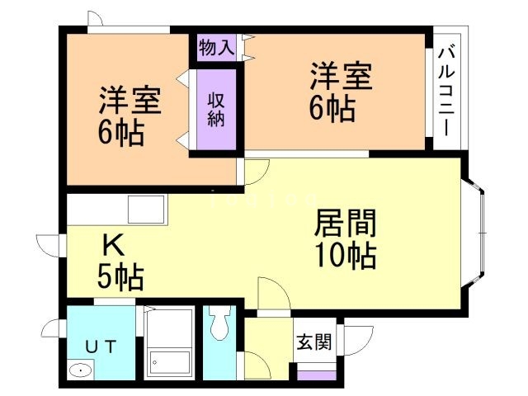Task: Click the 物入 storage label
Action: [x=217, y=47]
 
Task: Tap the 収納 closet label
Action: [x=216, y=108]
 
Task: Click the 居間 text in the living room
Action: [x=346, y=223]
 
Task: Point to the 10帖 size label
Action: [x=346, y=255]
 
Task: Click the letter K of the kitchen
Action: [x=113, y=245]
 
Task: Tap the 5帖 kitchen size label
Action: [x=120, y=276]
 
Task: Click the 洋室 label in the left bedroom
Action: [x=130, y=102]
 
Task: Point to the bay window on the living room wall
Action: [x=478, y=234]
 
